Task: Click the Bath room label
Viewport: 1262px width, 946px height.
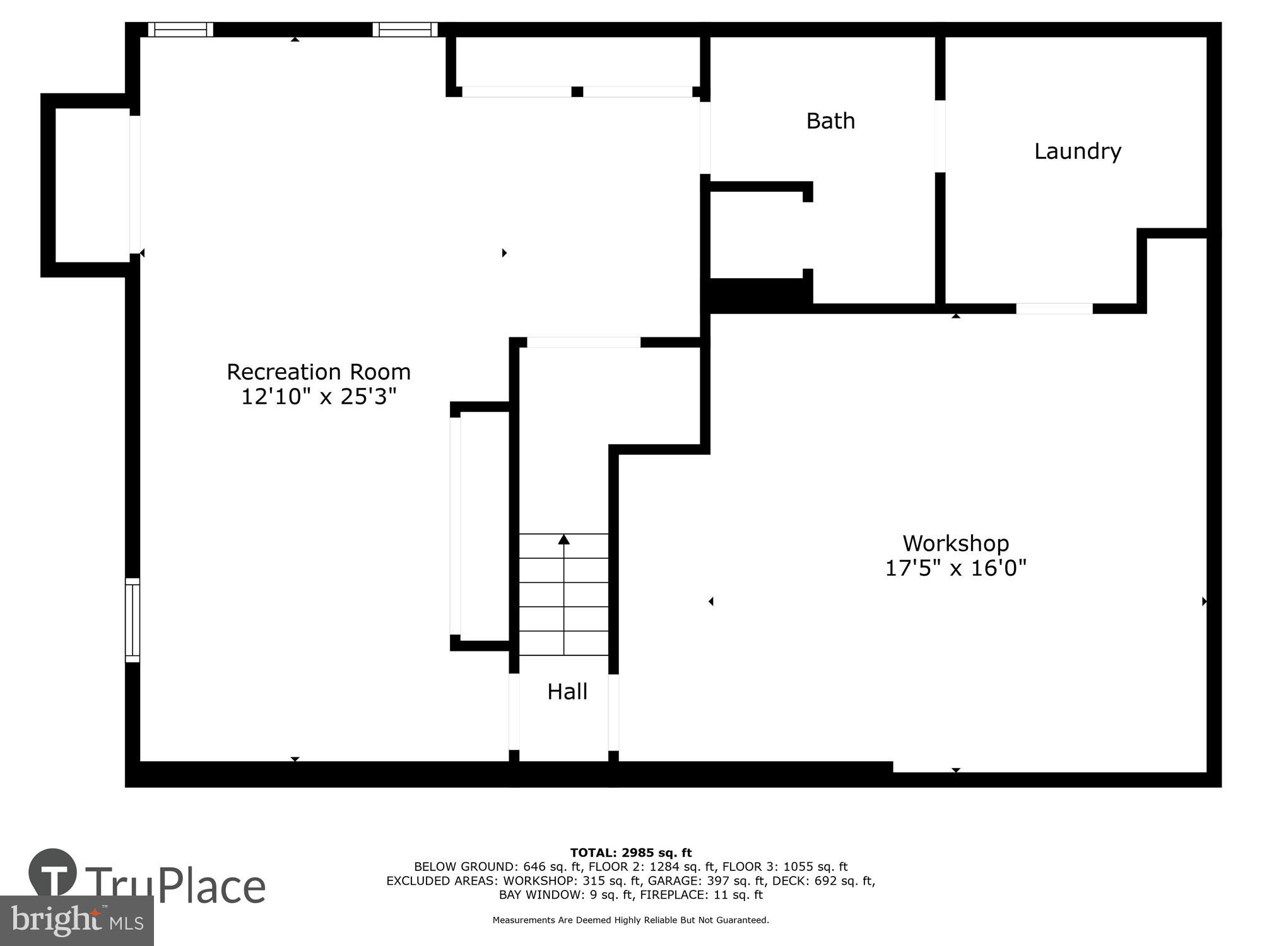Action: pyautogui.click(x=830, y=120)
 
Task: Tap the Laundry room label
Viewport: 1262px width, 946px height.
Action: pyautogui.click(x=1077, y=151)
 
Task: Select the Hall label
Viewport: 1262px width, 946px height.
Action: pyautogui.click(x=567, y=692)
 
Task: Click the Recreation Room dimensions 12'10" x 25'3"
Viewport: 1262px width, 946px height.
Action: pyautogui.click(x=319, y=397)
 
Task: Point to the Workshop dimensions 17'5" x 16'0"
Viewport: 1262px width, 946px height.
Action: pyautogui.click(x=955, y=568)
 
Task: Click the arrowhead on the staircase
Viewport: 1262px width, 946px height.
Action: pyautogui.click(x=563, y=539)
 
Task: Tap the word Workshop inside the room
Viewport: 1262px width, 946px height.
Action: pyautogui.click(x=955, y=543)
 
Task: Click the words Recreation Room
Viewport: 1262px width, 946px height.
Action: pyautogui.click(x=319, y=372)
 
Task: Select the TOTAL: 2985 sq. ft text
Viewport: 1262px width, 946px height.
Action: pyautogui.click(x=631, y=853)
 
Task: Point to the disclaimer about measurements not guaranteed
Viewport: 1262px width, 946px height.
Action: pyautogui.click(x=631, y=920)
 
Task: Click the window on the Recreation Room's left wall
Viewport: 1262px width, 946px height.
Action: pyautogui.click(x=132, y=620)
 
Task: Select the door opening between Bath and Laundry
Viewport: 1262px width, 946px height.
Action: pyautogui.click(x=940, y=136)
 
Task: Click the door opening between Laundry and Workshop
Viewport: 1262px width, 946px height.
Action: pyautogui.click(x=1054, y=308)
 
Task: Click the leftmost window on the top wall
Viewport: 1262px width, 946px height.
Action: pyautogui.click(x=180, y=29)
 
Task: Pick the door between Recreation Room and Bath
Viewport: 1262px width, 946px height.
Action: pyautogui.click(x=705, y=137)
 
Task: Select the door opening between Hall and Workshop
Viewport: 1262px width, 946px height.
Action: pyautogui.click(x=613, y=712)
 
